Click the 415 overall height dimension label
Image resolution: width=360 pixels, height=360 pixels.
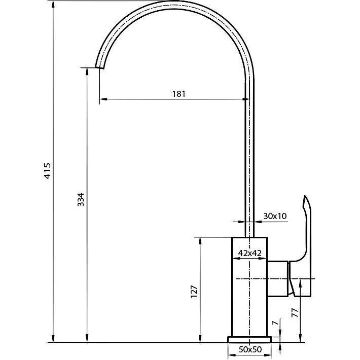(47, 171)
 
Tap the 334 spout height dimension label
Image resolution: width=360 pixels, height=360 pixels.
(81, 199)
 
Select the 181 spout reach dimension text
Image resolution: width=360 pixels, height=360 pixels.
(178, 94)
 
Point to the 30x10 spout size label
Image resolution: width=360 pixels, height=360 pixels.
(275, 216)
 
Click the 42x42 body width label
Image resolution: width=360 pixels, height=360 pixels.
(250, 253)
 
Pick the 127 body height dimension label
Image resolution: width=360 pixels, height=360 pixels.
(194, 292)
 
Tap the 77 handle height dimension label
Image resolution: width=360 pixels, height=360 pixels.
(295, 313)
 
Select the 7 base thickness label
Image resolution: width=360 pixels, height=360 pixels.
(275, 322)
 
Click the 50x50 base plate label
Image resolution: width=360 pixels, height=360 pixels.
(250, 349)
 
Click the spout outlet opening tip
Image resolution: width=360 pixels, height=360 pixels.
(99, 68)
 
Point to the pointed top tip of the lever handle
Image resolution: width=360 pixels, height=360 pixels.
(305, 196)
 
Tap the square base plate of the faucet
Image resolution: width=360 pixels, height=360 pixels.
(249, 340)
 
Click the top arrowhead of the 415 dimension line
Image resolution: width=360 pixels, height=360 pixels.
(53, 4)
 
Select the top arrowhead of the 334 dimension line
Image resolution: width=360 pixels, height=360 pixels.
(87, 71)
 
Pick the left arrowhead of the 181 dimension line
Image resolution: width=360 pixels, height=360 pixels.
(103, 99)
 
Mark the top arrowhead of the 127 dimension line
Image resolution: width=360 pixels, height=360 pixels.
(200, 241)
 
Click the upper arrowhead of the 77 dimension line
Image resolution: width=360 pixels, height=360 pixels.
(300, 283)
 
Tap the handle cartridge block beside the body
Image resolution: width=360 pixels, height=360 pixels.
(277, 279)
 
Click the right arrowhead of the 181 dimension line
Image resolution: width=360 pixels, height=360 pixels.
(246, 99)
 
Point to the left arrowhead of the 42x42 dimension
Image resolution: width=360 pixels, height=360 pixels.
(236, 259)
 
